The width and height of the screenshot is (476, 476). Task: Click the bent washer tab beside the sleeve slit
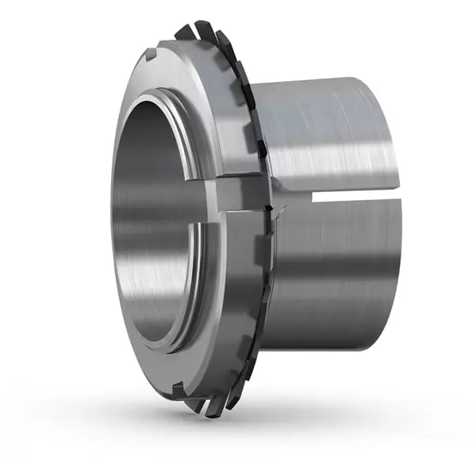(x=273, y=208)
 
